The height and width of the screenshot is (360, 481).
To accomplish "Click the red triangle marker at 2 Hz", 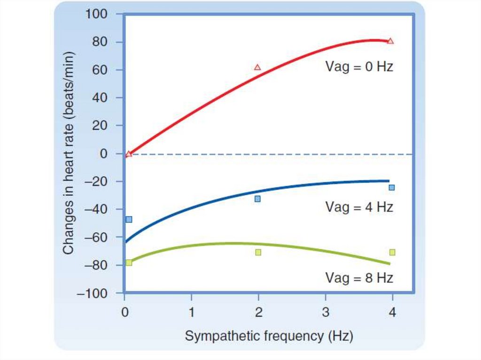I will coord(257,67).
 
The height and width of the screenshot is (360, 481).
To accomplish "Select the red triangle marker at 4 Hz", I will coord(390,41).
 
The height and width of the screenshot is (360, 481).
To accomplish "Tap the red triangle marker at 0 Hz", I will coord(129,153).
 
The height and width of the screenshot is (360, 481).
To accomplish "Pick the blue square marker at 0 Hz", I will coord(129,219).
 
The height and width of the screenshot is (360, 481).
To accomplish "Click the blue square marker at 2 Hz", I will coord(257,199).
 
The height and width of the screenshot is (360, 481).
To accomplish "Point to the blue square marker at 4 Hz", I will coord(391,187).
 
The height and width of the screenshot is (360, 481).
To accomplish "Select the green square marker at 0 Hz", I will coord(129,262).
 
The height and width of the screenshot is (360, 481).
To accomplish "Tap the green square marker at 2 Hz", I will coord(258,252).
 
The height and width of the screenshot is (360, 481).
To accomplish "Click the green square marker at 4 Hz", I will coord(392,252).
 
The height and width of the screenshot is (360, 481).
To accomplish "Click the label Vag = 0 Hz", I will coord(359,67).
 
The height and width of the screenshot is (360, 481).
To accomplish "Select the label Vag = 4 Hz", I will coord(359,207).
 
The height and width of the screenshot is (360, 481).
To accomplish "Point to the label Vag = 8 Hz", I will coord(359,277).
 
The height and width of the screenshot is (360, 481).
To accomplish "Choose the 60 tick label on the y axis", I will coord(101,70).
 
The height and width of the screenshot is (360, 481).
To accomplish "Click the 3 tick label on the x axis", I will coord(326,312).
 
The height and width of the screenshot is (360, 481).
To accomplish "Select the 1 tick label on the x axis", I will coord(191,312).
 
